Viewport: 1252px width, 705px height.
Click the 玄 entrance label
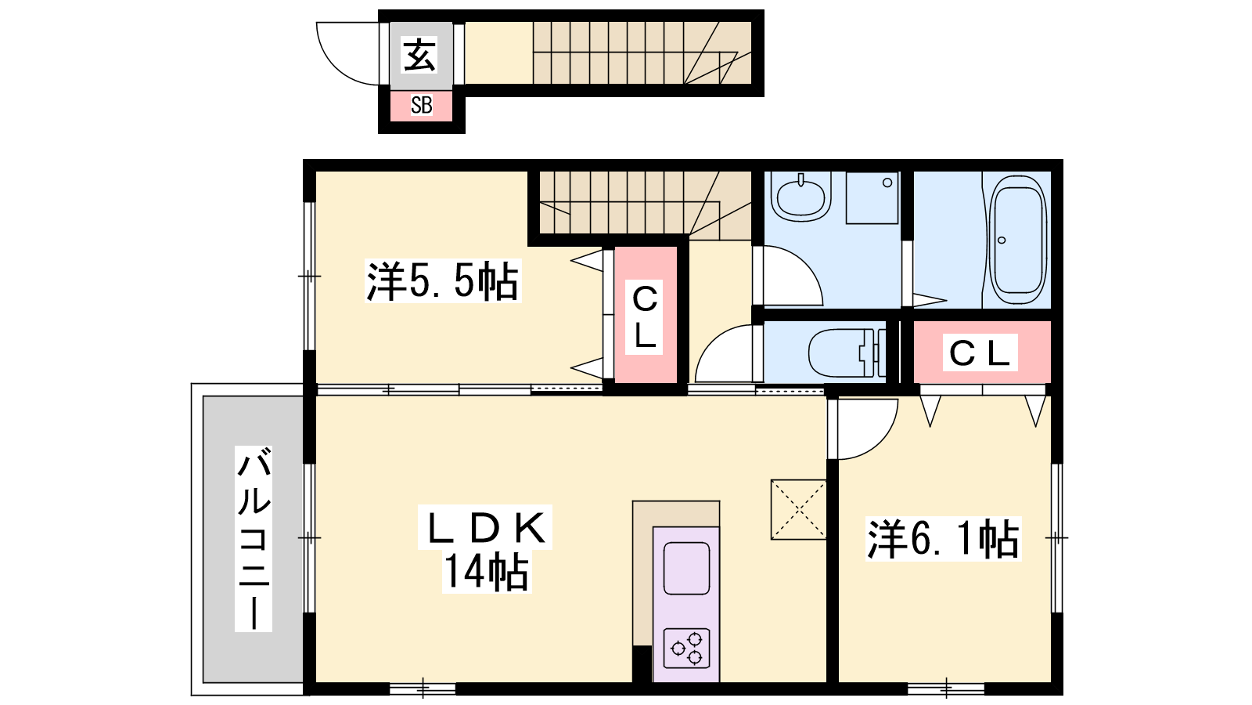point(419,55)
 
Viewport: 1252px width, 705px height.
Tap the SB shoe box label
point(422,105)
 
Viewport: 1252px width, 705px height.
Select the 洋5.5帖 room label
point(442,281)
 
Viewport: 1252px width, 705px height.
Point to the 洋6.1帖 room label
point(943,539)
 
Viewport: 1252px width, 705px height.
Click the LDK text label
point(485,528)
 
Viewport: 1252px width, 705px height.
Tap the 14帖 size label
point(486,571)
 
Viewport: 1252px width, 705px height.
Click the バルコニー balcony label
point(254,538)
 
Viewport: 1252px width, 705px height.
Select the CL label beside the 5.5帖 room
point(645,316)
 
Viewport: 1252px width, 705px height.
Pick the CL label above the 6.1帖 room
point(980,353)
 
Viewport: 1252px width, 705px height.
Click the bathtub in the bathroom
point(1018,240)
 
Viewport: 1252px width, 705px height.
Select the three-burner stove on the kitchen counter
point(686,648)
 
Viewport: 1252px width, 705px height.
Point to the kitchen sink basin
point(686,568)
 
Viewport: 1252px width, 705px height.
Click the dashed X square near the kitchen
point(799,510)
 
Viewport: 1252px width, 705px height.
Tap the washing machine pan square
point(872,198)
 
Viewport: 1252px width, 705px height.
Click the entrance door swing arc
point(336,66)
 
